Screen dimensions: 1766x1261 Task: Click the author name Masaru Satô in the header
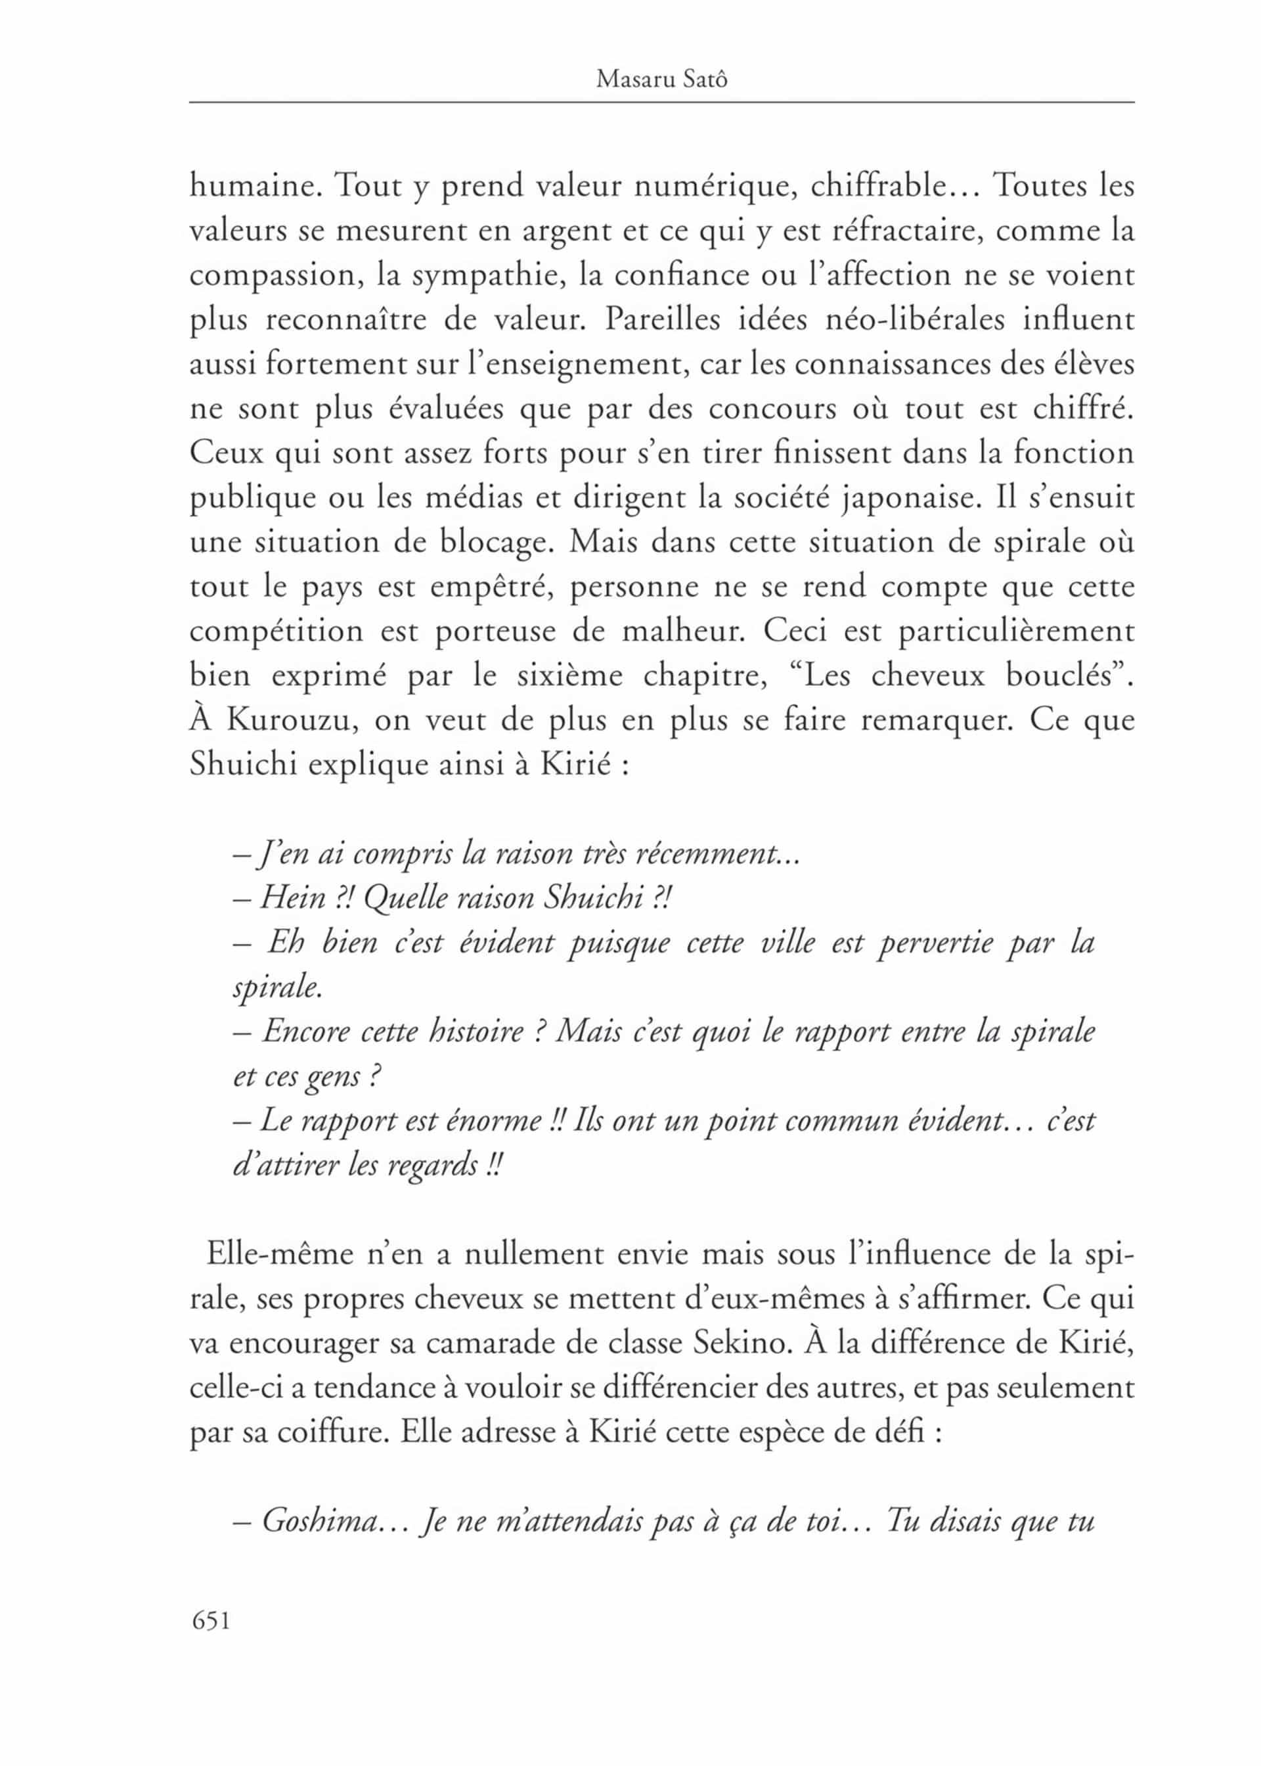(x=661, y=80)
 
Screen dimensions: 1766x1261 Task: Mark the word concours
(x=772, y=409)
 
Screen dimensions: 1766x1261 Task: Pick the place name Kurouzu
(x=292, y=721)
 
